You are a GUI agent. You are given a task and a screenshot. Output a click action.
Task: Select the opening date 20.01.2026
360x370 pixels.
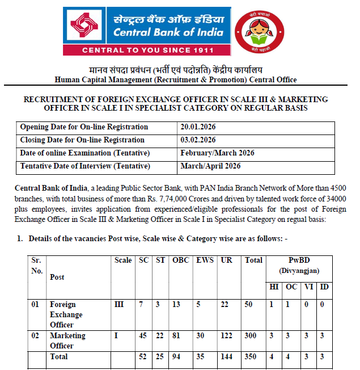point(198,127)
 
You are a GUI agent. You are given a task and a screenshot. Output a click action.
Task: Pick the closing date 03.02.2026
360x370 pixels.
point(198,140)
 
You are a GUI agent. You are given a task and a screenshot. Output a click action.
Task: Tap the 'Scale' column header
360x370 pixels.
point(123,260)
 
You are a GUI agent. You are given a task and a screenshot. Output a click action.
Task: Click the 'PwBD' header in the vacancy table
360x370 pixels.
point(299,260)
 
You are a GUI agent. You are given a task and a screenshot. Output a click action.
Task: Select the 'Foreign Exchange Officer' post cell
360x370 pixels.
point(66,315)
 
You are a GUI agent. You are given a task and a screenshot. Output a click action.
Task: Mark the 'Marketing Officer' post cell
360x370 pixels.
point(67,340)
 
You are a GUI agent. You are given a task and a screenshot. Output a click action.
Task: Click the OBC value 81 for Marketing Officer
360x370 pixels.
point(176,336)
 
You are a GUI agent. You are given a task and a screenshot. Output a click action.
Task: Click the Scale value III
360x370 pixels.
point(119,305)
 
